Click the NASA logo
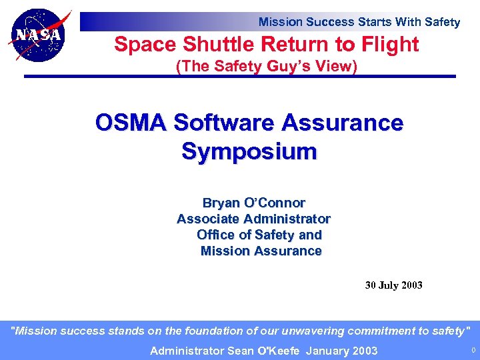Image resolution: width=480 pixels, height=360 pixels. [39, 35]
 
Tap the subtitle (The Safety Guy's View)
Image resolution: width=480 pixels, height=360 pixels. [266, 67]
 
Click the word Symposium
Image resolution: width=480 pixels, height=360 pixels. [249, 151]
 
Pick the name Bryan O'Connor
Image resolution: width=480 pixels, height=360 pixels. [254, 203]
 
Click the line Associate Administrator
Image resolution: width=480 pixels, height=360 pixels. [253, 219]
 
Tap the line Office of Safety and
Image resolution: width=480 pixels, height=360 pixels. [259, 235]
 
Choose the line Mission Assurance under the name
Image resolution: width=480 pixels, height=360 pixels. [261, 251]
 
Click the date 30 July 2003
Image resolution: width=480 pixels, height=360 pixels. [393, 285]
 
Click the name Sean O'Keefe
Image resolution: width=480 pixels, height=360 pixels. [262, 351]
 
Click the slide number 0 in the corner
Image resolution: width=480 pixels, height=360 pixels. [473, 350]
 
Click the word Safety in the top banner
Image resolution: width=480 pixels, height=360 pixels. [442, 22]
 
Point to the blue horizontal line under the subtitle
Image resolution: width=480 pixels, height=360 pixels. [240, 77]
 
